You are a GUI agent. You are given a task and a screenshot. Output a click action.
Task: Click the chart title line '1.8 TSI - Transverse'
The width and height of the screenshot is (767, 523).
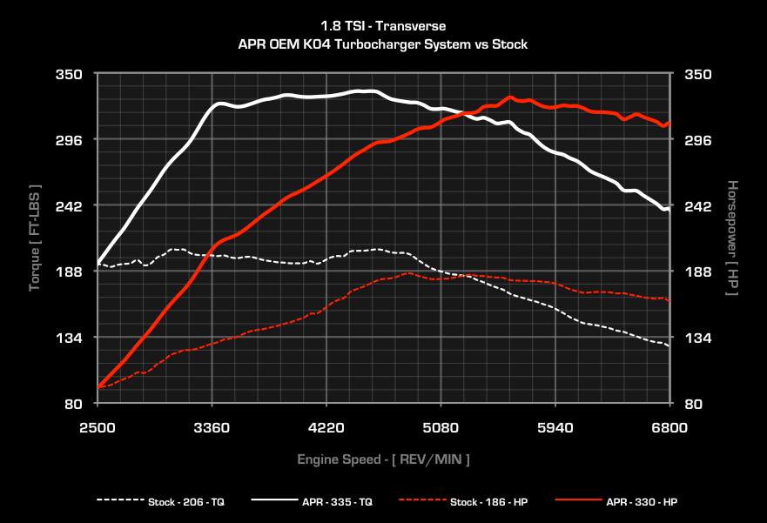[383, 27]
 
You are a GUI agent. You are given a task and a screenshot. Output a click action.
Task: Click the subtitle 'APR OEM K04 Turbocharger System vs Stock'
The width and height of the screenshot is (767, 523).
[383, 44]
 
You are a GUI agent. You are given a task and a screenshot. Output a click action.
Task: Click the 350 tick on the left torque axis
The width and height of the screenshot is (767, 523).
[70, 74]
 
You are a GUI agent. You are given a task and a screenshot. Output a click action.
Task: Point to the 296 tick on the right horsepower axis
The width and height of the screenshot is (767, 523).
[700, 140]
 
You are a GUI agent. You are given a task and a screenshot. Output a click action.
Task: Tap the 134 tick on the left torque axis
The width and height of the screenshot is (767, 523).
[70, 338]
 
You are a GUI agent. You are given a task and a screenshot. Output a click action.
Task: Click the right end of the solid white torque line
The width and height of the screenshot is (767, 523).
[668, 210]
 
